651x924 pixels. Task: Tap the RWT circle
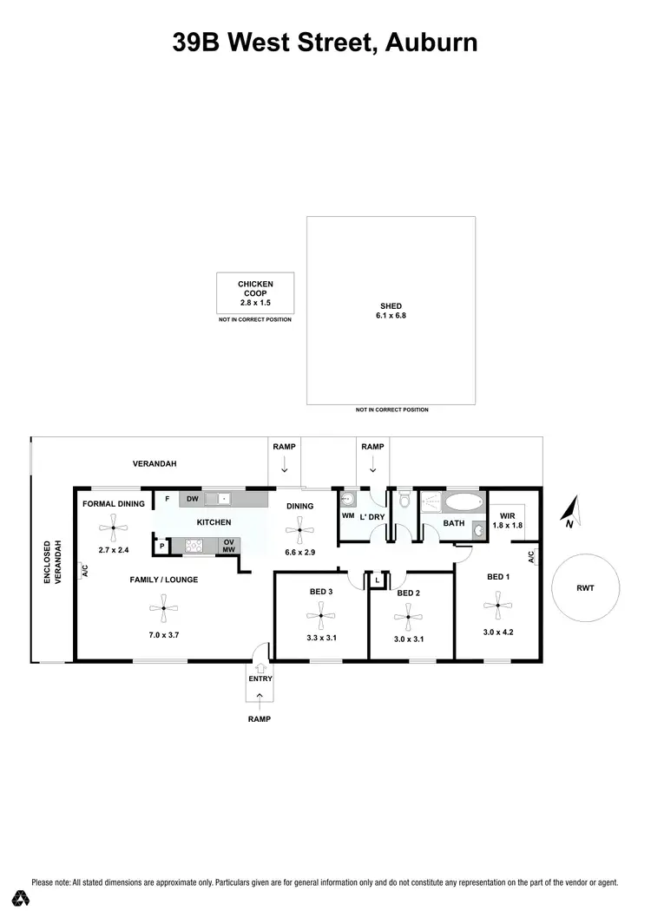(585, 588)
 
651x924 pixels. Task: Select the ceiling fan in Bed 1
(498, 606)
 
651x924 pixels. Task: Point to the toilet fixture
(404, 501)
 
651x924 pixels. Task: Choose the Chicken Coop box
(255, 293)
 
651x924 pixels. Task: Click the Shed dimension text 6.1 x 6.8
(391, 316)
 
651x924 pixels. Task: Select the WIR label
(508, 515)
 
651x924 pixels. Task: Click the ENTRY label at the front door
(260, 678)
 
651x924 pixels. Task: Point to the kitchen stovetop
(194, 546)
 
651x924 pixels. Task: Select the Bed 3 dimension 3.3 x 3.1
(320, 637)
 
